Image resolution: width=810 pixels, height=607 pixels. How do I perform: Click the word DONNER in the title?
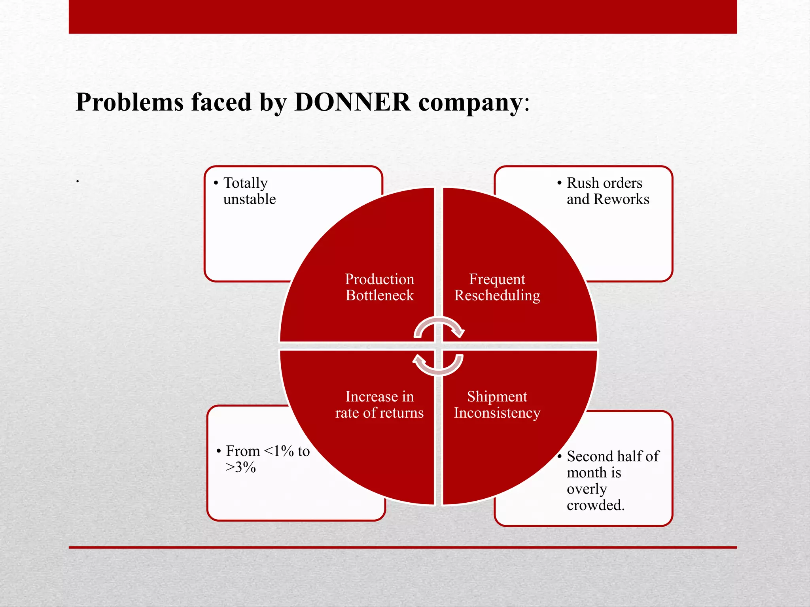click(352, 102)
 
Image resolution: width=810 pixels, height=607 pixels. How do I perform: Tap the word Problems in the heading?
click(130, 102)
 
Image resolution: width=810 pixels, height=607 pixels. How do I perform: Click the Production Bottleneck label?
click(380, 287)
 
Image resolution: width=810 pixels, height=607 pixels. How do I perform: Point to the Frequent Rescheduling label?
click(497, 287)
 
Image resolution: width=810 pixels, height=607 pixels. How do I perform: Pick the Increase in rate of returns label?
click(380, 405)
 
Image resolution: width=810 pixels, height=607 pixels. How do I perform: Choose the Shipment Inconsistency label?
click(497, 405)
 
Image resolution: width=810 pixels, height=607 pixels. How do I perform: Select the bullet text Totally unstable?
click(249, 191)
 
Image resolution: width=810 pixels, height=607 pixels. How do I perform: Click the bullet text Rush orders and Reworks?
click(607, 191)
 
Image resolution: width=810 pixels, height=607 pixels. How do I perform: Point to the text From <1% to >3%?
click(267, 459)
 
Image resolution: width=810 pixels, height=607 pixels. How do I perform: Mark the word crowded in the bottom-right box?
click(595, 505)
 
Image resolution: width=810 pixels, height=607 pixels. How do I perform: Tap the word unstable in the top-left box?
click(250, 199)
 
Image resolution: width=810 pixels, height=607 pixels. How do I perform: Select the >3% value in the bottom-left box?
click(241, 468)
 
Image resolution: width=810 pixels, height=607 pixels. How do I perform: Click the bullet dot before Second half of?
click(560, 456)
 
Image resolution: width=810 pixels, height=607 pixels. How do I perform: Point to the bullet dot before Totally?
click(216, 183)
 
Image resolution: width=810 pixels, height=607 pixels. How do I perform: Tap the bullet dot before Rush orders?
click(560, 183)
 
